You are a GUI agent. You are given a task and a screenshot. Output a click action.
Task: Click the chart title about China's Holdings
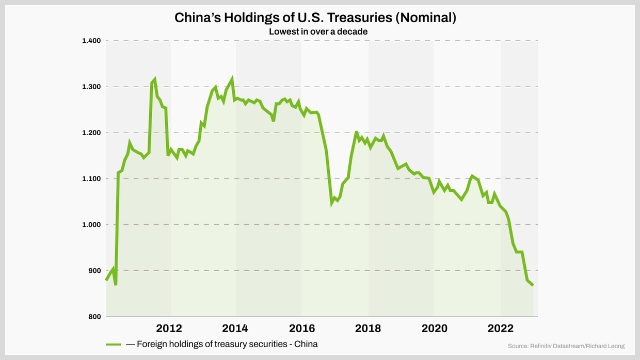pos(315,18)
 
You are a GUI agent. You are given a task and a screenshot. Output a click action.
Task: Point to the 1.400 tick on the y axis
pos(91,41)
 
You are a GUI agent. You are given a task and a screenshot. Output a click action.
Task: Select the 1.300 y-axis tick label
pos(91,87)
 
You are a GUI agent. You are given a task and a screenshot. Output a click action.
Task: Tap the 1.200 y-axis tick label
pos(91,133)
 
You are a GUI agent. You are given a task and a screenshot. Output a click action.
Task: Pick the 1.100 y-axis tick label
pos(91,179)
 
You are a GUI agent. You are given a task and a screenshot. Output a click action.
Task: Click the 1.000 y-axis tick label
pos(91,225)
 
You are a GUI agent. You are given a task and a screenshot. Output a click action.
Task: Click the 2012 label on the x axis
pos(169,329)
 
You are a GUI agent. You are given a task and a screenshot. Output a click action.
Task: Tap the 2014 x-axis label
pos(235,329)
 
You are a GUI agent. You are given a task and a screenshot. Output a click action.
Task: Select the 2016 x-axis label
pos(302,329)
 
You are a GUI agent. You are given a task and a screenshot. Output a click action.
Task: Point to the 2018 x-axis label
pos(368,329)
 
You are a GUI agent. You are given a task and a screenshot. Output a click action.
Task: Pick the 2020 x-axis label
pos(435,329)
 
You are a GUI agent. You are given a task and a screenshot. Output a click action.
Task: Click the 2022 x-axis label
pos(501,329)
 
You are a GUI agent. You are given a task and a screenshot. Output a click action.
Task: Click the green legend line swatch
pos(114,344)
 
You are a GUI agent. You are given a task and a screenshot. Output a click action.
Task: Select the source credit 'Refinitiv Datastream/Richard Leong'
pos(566,346)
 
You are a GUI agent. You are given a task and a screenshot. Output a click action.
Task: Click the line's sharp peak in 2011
pos(154,79)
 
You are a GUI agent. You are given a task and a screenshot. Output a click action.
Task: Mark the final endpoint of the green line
pos(533,285)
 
